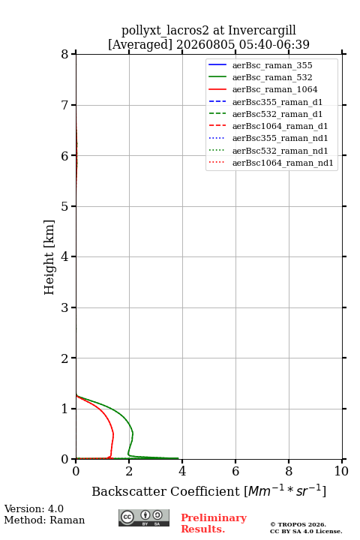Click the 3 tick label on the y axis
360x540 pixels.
(x=64, y=307)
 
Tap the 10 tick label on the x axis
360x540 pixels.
(x=341, y=471)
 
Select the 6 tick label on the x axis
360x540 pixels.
(x=235, y=471)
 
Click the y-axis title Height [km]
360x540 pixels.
(x=49, y=257)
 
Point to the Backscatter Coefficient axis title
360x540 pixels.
(x=208, y=490)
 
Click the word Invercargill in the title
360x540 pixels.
(x=262, y=31)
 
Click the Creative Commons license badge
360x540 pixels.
(x=144, y=517)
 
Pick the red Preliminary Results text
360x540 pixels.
(x=214, y=523)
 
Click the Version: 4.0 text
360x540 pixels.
(x=34, y=508)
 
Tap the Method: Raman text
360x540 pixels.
(x=44, y=520)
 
